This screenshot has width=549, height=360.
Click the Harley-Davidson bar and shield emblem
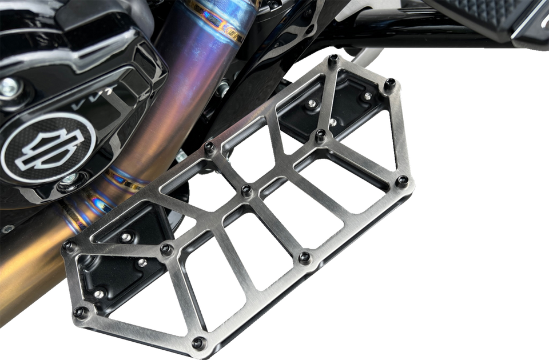[x=46, y=147]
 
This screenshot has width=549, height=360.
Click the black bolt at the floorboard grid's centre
[x=246, y=190]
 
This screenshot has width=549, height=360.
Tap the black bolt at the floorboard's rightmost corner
[x=403, y=181]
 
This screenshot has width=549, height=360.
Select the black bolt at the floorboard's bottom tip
[x=198, y=343]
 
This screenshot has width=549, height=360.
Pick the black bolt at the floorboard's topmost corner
[x=332, y=59]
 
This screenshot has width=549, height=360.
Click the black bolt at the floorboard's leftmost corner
[x=69, y=247]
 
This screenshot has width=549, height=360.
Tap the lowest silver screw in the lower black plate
[x=98, y=294]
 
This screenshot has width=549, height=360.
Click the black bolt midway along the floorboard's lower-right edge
[x=305, y=257]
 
